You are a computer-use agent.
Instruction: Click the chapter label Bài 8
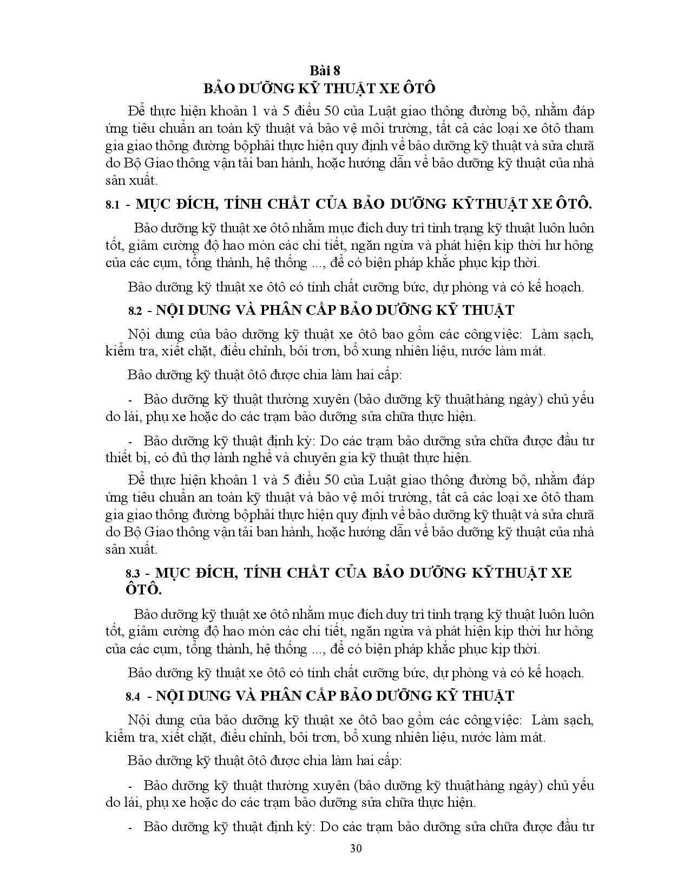324,70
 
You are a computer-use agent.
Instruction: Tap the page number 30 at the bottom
356,848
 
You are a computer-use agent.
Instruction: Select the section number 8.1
112,205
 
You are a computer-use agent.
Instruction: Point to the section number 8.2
135,311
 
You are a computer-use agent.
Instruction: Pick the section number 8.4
133,696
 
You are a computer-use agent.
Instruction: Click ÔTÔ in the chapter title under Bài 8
418,88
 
